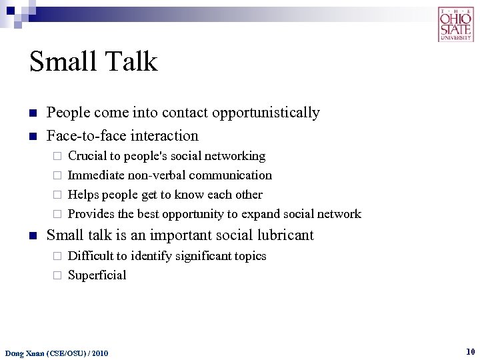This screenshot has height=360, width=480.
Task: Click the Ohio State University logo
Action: click(456, 24)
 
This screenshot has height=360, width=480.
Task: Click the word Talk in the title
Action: click(130, 62)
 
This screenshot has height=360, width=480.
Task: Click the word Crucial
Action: click(88, 156)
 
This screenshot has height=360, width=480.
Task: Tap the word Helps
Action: click(84, 195)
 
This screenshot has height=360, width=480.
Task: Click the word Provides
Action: click(91, 214)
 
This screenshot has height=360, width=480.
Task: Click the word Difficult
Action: click(91, 256)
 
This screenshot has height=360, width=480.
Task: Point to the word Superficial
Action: click(97, 275)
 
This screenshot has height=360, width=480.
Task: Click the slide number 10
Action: click(470, 351)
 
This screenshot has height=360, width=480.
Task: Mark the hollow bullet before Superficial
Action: click(57, 276)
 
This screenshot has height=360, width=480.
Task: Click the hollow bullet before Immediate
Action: click(57, 176)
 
